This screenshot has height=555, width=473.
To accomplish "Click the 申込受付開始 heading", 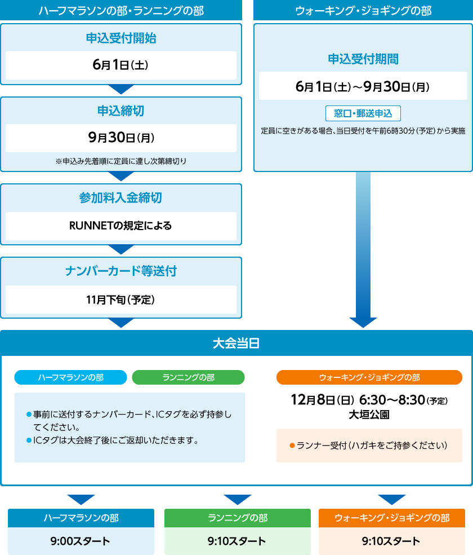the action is pyautogui.click(x=121, y=38).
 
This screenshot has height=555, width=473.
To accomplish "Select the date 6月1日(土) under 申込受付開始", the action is pyautogui.click(x=121, y=65).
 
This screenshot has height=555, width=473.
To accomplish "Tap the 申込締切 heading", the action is pyautogui.click(x=121, y=111).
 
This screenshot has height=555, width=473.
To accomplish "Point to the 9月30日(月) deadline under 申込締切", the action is pyautogui.click(x=121, y=137).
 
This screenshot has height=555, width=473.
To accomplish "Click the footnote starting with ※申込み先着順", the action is pyautogui.click(x=121, y=161).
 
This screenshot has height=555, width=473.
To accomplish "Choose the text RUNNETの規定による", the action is pyautogui.click(x=121, y=226).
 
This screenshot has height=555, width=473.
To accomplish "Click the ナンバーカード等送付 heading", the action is pyautogui.click(x=121, y=271).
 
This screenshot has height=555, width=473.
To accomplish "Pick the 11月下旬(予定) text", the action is pyautogui.click(x=121, y=300).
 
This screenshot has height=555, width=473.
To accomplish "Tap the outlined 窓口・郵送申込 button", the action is pyautogui.click(x=363, y=113).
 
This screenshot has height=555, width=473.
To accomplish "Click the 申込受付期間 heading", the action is pyautogui.click(x=363, y=59).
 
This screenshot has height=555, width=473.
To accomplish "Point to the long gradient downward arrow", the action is pyautogui.click(x=363, y=250).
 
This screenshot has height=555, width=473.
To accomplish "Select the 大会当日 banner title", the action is pyautogui.click(x=236, y=343).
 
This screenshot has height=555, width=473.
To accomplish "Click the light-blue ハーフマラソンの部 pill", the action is pyautogui.click(x=70, y=377).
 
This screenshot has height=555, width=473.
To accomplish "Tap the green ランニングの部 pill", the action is pyautogui.click(x=188, y=377).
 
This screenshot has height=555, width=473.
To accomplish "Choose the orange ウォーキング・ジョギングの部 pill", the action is pyautogui.click(x=369, y=377).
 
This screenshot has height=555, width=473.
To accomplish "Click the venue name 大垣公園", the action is pyautogui.click(x=369, y=415).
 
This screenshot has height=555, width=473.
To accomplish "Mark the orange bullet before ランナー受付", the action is pyautogui.click(x=292, y=445).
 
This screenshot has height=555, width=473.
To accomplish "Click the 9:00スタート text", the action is pyautogui.click(x=81, y=541).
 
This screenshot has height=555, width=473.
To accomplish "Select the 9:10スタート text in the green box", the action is pyautogui.click(x=237, y=541).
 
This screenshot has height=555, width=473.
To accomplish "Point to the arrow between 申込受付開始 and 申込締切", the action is pyautogui.click(x=121, y=89).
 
